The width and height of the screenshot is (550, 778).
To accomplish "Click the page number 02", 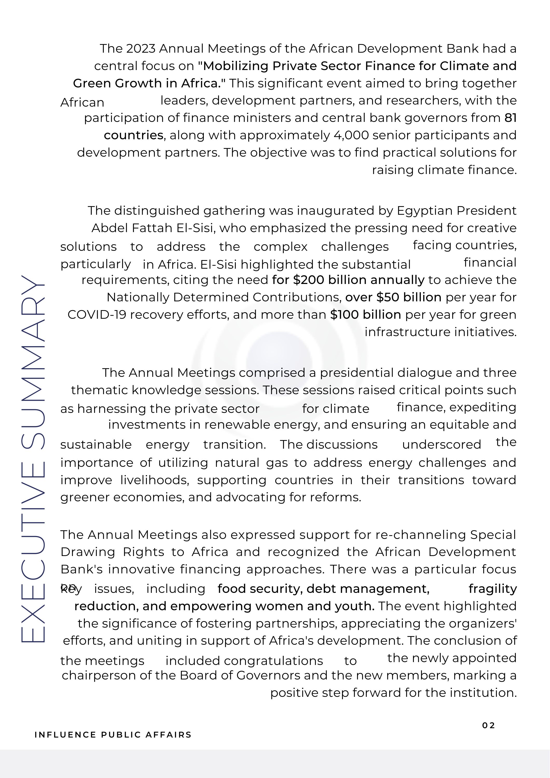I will click(x=488, y=725).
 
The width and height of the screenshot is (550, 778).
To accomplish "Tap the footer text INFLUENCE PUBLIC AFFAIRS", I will click(x=113, y=735).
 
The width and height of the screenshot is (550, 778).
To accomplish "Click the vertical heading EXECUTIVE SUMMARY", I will click(x=33, y=459).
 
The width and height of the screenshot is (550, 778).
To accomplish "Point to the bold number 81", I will click(x=510, y=118).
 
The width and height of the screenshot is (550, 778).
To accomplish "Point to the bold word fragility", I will click(x=493, y=589).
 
